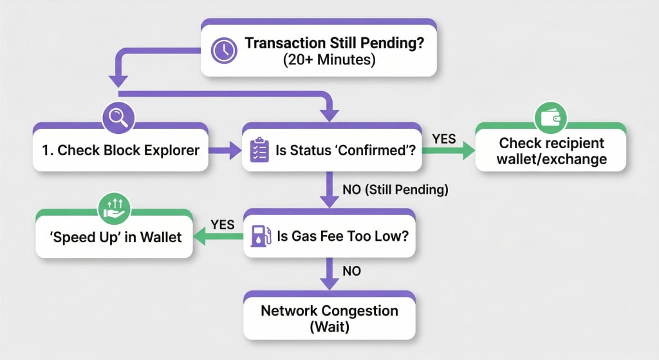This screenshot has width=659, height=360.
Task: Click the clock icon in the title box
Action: [224, 51]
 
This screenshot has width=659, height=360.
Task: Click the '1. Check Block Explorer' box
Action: [120, 151]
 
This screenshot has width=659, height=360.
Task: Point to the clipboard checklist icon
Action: [259, 150]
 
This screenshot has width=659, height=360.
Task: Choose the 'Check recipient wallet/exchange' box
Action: [551, 151]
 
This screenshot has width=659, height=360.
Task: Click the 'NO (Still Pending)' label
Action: [394, 190]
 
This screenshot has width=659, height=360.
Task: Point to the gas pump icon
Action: [258, 236]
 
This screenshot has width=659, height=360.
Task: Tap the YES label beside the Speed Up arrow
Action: [223, 223]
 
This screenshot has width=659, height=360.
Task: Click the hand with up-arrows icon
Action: [114, 207]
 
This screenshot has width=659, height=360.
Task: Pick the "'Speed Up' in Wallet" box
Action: [115, 237]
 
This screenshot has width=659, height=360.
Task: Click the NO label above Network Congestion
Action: [351, 271]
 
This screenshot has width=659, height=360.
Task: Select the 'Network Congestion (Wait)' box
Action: [329, 318]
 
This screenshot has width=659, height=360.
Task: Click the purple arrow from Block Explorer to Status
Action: [223, 151]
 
